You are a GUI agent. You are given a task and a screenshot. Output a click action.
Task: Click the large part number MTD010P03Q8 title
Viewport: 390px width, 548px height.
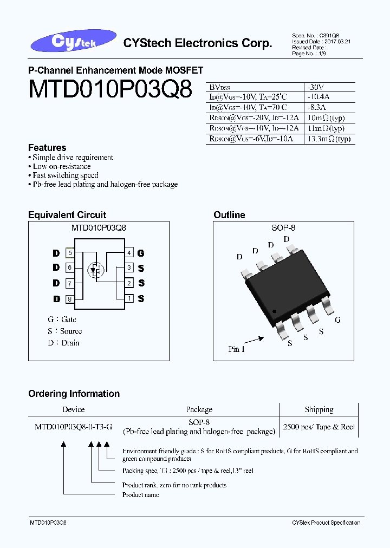pos(110,90)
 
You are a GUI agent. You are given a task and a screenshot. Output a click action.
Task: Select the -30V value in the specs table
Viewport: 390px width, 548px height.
pos(315,87)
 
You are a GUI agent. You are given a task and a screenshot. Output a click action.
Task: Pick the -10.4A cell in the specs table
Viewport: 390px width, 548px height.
pos(317,97)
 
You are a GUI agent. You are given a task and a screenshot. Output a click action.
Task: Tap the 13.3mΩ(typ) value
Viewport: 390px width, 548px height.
pos(329,139)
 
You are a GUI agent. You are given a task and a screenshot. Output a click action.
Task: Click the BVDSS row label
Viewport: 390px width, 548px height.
pos(219,87)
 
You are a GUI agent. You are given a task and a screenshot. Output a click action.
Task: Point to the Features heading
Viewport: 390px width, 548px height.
pos(47,148)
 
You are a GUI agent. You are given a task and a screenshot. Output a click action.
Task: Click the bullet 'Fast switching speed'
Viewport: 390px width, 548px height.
pos(66,175)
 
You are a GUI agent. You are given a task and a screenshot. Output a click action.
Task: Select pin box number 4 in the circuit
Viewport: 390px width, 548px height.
pos(129,253)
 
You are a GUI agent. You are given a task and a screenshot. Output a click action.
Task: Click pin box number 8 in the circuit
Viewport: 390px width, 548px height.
pos(70,299)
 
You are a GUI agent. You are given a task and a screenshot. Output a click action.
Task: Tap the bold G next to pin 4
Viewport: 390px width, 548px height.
pos(141,253)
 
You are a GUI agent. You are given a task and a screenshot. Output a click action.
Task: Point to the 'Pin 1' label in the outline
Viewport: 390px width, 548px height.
pos(237,349)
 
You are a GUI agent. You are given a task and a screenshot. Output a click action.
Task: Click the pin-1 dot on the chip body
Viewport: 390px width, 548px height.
pos(275,311)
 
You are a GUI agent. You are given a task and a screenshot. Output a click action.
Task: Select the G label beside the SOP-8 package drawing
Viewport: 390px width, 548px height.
pos(337,320)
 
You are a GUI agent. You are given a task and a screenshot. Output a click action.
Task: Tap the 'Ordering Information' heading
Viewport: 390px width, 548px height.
pos(74,394)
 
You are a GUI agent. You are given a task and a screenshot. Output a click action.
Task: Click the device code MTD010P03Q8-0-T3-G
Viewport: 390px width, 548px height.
pos(74,427)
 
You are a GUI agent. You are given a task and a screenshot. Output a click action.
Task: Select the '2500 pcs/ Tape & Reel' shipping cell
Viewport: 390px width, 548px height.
pos(318,427)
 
